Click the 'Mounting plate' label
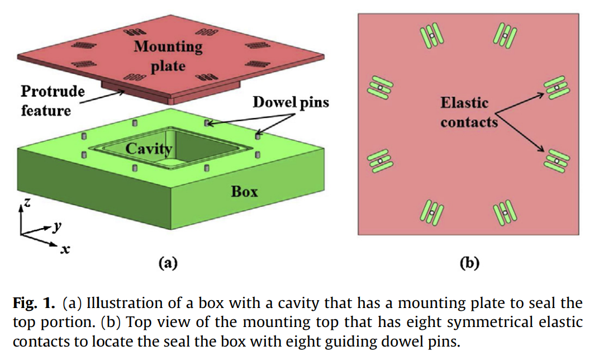click(x=168, y=55)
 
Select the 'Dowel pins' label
click(x=291, y=102)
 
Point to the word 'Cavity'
click(x=149, y=149)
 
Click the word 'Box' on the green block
click(x=245, y=192)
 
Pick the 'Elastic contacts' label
click(x=468, y=112)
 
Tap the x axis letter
click(x=65, y=249)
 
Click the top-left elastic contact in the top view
click(x=432, y=36)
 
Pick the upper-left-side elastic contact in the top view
click(x=378, y=88)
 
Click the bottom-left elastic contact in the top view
click(x=431, y=212)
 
